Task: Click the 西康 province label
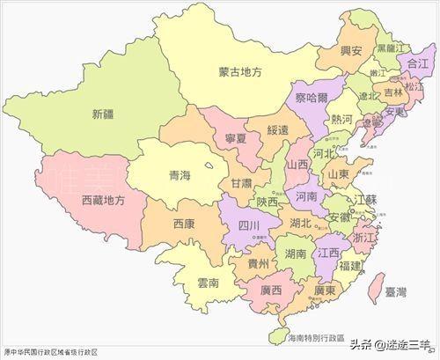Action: [x=185, y=224]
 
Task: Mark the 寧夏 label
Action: [x=227, y=136]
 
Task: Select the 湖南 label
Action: [x=296, y=253]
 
